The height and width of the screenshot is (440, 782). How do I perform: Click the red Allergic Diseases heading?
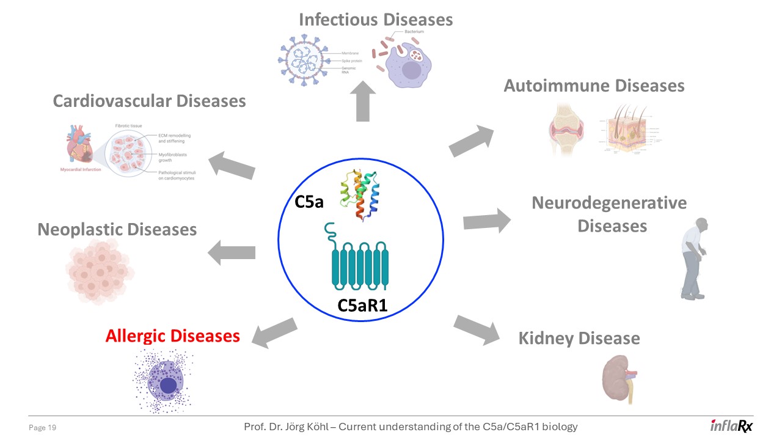[x=173, y=335]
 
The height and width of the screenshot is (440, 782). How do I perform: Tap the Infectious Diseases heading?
[x=376, y=20]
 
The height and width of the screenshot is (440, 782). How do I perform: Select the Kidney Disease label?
[x=579, y=338]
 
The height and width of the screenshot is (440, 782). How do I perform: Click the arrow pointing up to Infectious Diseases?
[x=362, y=101]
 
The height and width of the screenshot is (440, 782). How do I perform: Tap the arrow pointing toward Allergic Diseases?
[x=274, y=333]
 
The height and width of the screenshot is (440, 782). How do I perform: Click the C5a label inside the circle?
[x=309, y=202]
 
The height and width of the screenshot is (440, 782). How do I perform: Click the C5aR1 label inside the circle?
[x=362, y=305]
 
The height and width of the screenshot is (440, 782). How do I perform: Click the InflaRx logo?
[x=731, y=426]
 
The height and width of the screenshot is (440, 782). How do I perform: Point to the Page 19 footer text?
[x=43, y=428]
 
